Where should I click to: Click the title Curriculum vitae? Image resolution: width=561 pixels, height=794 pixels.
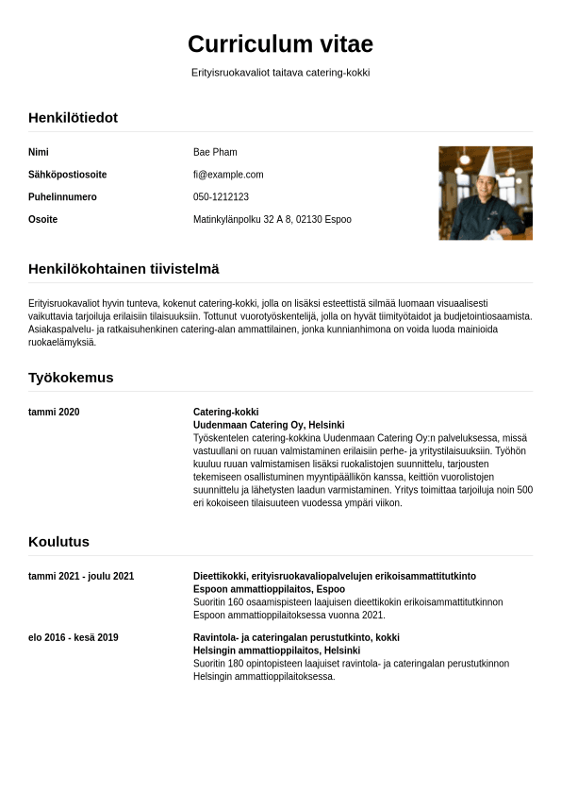(280, 44)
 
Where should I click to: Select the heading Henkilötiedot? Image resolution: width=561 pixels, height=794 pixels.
(73, 118)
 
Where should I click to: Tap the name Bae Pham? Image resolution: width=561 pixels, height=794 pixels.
(215, 152)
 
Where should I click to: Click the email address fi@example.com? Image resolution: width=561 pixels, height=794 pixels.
(228, 175)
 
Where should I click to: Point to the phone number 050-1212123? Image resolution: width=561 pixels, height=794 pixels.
(221, 197)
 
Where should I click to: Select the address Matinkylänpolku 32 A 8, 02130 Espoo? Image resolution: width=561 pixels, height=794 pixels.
(272, 220)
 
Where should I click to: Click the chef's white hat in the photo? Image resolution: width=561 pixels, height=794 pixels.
(487, 162)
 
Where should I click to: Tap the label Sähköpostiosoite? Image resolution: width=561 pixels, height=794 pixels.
(67, 175)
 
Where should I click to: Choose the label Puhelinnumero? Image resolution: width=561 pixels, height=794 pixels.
(62, 197)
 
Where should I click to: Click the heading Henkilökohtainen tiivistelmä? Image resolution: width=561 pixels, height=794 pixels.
(124, 269)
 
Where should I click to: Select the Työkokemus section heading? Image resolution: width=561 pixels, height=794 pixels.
(71, 378)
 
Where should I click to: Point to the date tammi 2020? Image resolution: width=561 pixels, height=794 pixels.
(54, 413)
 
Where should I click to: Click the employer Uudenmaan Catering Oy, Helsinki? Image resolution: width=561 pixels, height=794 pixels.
(269, 425)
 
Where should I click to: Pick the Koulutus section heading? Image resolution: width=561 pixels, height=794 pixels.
(58, 542)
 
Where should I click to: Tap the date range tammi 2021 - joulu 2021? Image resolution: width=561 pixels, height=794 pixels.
(81, 577)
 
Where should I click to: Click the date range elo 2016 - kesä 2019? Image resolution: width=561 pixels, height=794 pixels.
(74, 638)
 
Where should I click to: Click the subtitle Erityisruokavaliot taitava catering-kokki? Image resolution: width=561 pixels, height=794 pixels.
(280, 73)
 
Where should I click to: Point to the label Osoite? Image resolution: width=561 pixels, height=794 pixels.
(42, 220)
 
